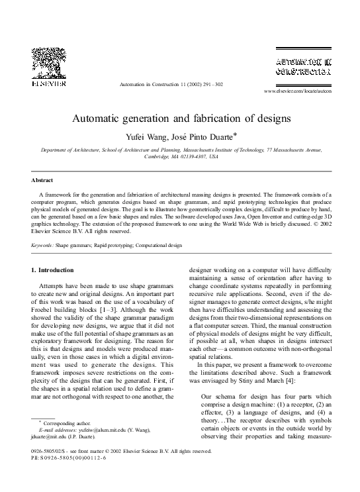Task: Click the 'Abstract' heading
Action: point(42,180)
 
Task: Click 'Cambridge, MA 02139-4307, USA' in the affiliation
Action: point(180,158)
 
